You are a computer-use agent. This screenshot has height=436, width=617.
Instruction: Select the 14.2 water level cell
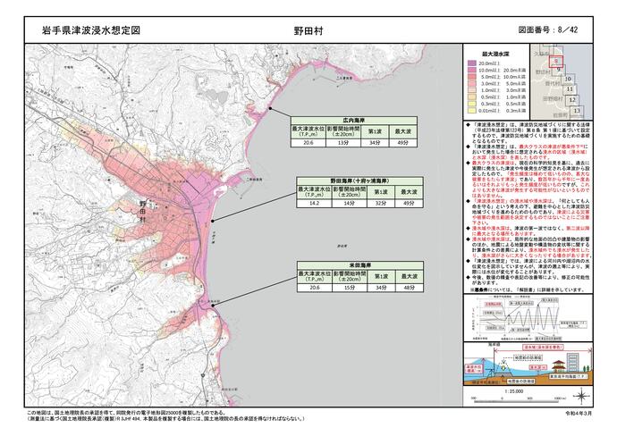pyautogui.click(x=314, y=204)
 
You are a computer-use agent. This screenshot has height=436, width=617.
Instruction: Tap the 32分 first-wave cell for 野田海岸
pyautogui.click(x=380, y=204)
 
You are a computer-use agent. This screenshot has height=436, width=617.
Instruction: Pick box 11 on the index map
pyautogui.click(x=570, y=89)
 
